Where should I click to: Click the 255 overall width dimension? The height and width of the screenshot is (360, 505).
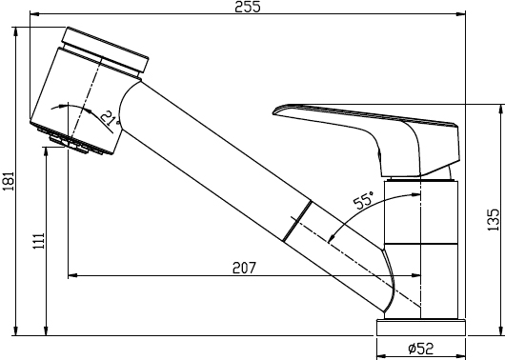click(248, 7)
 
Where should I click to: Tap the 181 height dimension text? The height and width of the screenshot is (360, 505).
click(9, 181)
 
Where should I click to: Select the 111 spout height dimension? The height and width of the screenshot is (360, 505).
click(39, 241)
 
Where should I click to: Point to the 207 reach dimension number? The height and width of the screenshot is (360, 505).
click(245, 268)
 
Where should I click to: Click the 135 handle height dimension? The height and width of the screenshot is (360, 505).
click(493, 220)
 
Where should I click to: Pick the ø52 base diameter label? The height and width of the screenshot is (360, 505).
click(421, 348)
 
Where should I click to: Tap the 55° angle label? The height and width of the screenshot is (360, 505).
click(364, 201)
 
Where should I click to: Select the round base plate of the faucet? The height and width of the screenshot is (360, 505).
click(421, 328)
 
